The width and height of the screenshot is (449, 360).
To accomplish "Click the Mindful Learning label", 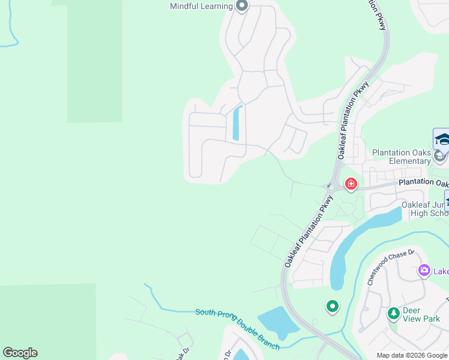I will point(201,7).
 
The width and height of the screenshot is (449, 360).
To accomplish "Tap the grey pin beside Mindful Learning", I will point(242,7).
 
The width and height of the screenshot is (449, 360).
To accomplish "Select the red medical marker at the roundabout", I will point(351,183).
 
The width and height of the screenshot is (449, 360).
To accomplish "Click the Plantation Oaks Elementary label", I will point(402,157).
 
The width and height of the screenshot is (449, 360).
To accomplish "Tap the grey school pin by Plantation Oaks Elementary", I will point(440,157).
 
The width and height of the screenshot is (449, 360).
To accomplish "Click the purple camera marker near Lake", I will point(424,271).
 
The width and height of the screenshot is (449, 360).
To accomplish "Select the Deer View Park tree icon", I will point(393,313).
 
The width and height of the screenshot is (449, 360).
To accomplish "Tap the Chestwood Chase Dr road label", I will point(391,266).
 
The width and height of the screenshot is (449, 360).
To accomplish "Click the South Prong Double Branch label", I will point(238,329).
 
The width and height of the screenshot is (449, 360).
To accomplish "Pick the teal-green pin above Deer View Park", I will point(332,307).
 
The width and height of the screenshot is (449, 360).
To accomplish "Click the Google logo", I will point(20,353).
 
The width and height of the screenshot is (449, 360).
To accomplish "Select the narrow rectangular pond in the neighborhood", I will point(237,123).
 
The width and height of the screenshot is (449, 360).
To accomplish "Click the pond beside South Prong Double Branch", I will point(277,323).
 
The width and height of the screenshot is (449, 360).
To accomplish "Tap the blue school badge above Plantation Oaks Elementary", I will point(442,139).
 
